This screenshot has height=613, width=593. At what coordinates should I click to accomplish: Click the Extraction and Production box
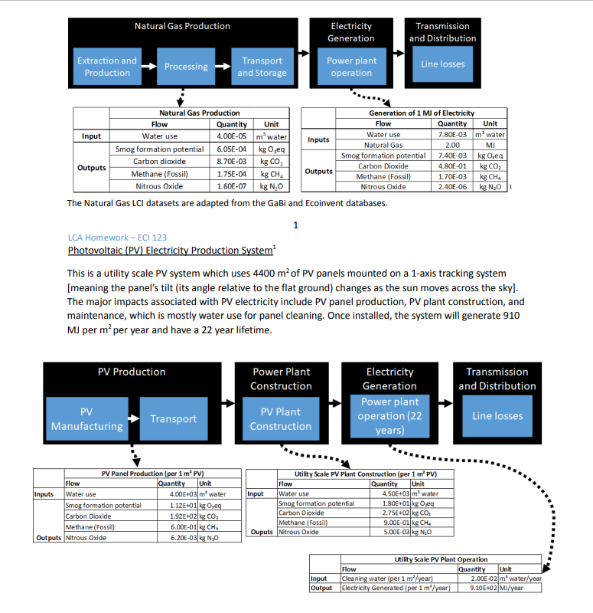107,67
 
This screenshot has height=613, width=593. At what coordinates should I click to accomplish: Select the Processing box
186,67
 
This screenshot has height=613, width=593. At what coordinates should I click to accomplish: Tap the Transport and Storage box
262,67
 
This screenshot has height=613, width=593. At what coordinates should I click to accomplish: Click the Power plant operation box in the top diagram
351,67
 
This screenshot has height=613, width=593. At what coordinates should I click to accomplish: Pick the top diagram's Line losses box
442,64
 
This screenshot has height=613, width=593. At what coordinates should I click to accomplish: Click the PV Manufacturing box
86,419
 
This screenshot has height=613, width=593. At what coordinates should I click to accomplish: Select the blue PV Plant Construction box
281,419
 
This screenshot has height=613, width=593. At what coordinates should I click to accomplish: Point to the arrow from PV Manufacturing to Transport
133,419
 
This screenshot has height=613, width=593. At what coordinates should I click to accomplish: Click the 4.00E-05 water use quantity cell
231,136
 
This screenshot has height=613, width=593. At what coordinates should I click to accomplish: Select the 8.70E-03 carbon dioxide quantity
231,162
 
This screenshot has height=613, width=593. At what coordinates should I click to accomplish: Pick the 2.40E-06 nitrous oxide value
452,186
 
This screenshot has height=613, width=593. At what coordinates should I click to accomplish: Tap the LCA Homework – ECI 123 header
117,237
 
